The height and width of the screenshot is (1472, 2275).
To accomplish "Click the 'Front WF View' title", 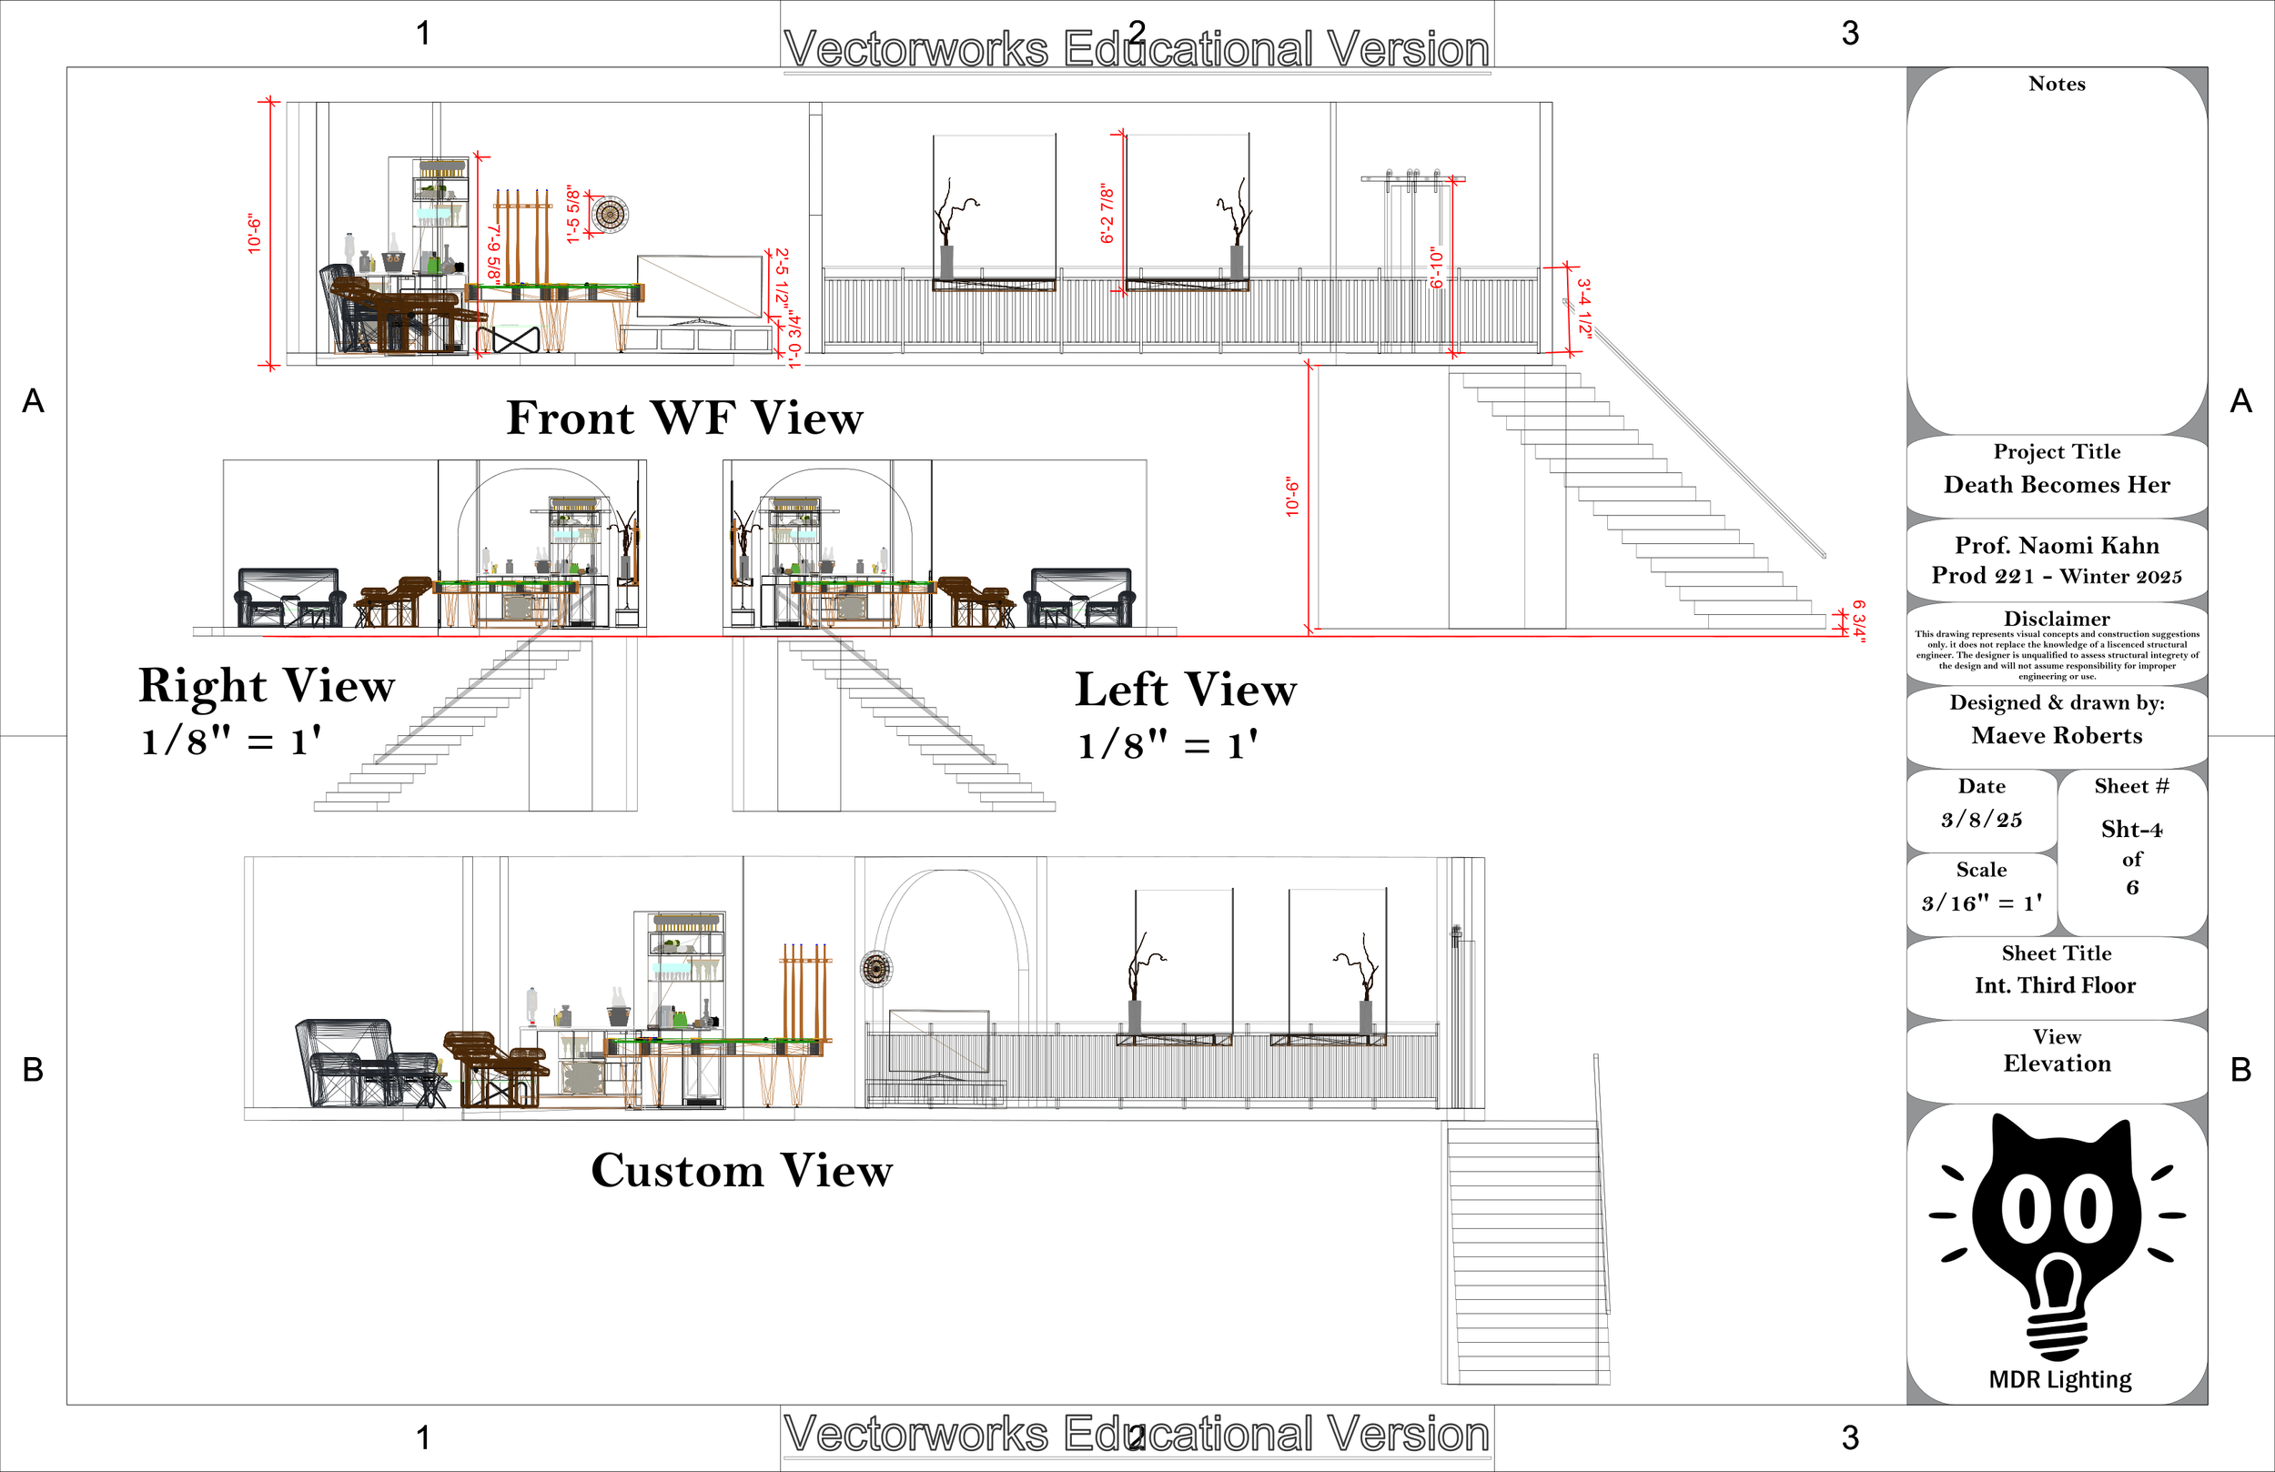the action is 684,418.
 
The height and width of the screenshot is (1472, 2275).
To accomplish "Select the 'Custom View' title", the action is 742,1171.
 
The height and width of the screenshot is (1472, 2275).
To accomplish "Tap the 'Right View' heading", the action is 267,685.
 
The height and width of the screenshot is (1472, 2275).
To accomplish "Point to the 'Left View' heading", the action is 1186,690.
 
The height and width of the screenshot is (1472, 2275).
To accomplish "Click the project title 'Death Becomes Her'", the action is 2056,485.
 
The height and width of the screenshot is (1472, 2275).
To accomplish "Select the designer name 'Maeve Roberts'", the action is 2056,735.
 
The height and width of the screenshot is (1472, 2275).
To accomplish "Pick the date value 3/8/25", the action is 1982,819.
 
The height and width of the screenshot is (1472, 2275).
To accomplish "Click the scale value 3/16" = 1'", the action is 1982,902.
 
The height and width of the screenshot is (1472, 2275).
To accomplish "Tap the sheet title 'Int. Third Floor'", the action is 2055,985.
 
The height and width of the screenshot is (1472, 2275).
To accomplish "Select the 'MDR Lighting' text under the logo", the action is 2060,1379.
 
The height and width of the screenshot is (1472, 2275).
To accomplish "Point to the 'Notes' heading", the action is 2056,84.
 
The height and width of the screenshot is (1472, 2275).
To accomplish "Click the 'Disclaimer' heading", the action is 2056,619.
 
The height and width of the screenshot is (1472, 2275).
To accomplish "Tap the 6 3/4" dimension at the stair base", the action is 1858,621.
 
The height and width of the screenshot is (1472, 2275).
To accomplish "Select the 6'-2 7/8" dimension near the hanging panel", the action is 1107,214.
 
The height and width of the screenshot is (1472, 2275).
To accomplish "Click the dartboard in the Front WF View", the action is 609,214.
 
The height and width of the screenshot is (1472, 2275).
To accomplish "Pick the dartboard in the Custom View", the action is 875,969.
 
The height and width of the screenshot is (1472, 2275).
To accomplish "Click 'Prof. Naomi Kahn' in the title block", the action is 2056,546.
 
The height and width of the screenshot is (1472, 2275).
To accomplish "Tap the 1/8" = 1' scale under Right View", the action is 230,741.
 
